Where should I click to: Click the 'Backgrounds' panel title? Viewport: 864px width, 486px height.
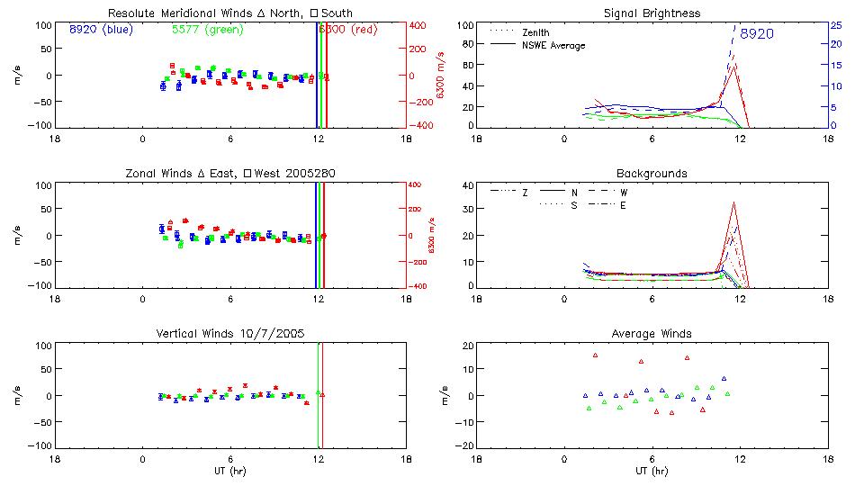click(652, 173)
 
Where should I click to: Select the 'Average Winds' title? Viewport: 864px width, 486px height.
click(652, 334)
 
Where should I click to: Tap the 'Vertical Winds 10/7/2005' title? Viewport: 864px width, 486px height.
click(230, 334)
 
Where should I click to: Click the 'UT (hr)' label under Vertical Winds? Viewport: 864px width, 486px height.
click(230, 471)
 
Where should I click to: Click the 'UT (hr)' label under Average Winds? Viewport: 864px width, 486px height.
click(652, 471)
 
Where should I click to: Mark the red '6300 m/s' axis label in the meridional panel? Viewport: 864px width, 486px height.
click(440, 76)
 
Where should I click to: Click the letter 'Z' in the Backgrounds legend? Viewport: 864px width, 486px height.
click(525, 193)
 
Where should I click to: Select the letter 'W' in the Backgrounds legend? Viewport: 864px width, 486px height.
click(624, 193)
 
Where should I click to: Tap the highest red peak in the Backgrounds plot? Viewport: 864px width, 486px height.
click(734, 202)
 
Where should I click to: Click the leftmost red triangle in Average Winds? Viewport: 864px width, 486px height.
click(595, 355)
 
